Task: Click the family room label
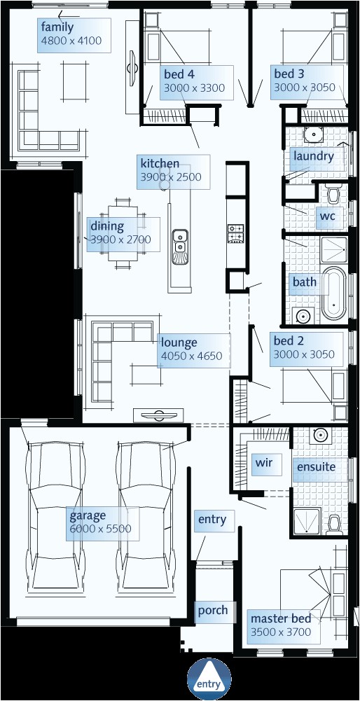(57, 27)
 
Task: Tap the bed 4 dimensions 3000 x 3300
(194, 88)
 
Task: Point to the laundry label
(314, 156)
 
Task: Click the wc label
(327, 216)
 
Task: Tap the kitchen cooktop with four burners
(235, 234)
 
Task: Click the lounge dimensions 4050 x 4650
(191, 356)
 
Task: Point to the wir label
(263, 463)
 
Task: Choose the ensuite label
(316, 467)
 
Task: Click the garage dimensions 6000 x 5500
(100, 529)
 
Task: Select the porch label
(212, 610)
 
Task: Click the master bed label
(280, 618)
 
